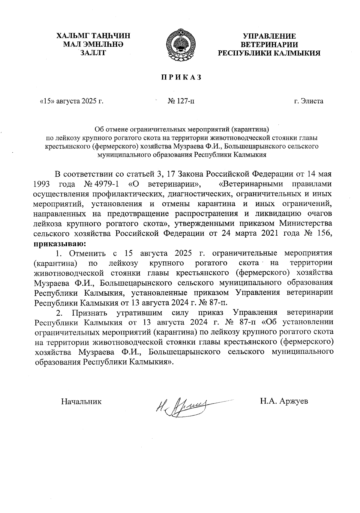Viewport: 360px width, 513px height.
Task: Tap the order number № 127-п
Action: click(x=181, y=101)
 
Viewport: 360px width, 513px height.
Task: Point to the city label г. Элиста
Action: click(x=308, y=101)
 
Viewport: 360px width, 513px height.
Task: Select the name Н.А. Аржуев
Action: click(x=284, y=401)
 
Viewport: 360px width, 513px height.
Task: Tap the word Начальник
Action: click(x=81, y=401)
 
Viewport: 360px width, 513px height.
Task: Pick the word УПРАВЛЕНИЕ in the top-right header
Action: click(x=269, y=36)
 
